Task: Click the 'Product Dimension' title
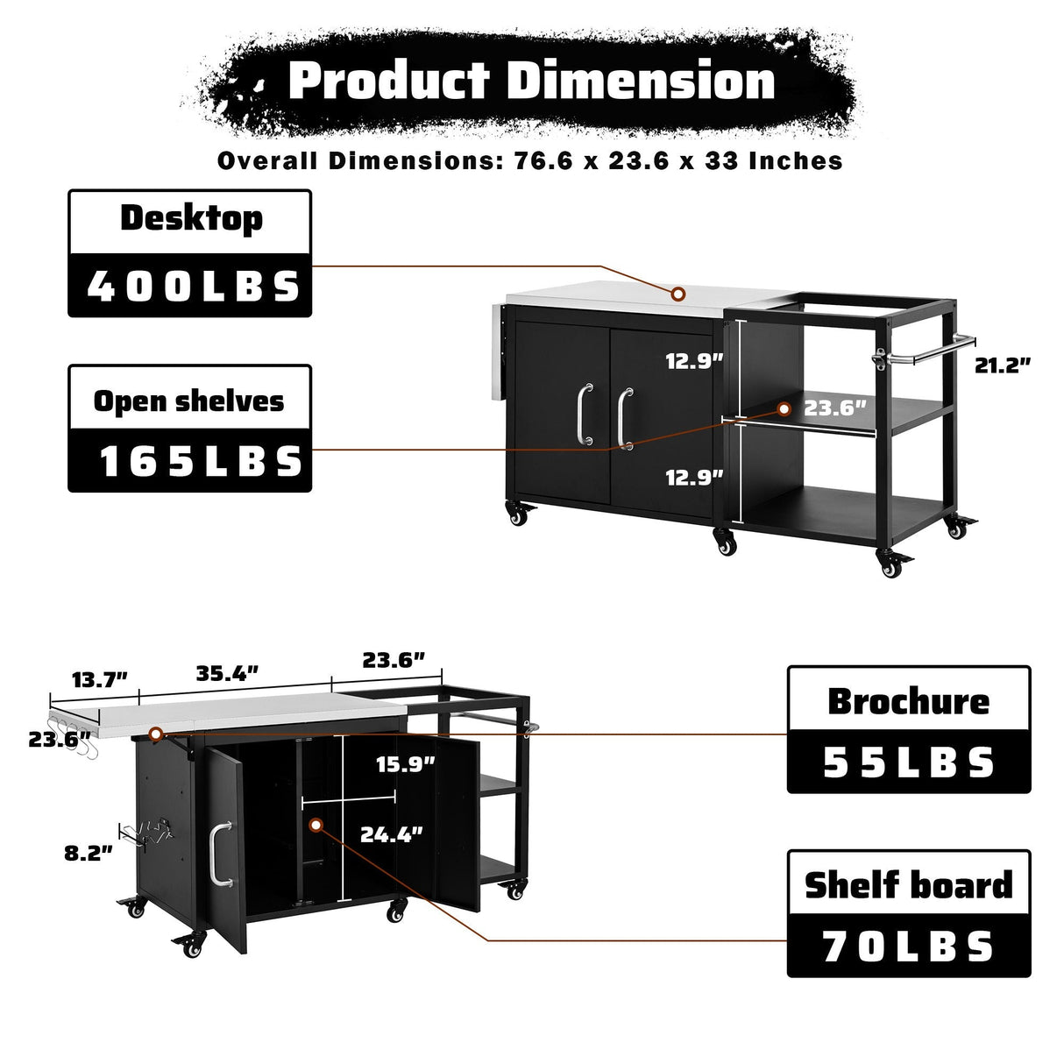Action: [x=531, y=82]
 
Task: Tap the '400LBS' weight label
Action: [x=190, y=286]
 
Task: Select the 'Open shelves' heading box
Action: [x=189, y=401]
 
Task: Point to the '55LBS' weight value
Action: [x=909, y=763]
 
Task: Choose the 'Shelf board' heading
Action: [x=909, y=885]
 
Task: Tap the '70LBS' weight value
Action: [x=909, y=947]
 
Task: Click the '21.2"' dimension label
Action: [x=1003, y=365]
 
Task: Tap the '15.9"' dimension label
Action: [x=406, y=764]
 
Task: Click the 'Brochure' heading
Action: [x=909, y=701]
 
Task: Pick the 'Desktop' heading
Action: [x=190, y=218]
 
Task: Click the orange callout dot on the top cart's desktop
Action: [x=678, y=293]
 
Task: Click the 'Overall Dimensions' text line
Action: [x=529, y=161]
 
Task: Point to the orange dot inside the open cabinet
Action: [x=316, y=825]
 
